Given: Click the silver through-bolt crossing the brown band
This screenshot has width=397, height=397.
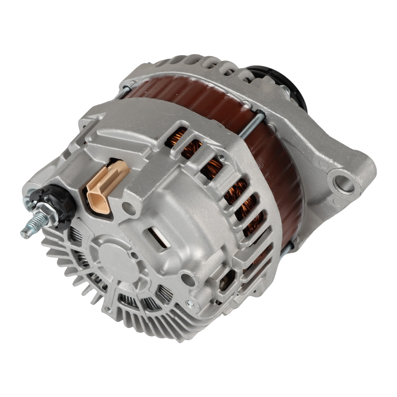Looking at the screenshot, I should coord(253,124).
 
